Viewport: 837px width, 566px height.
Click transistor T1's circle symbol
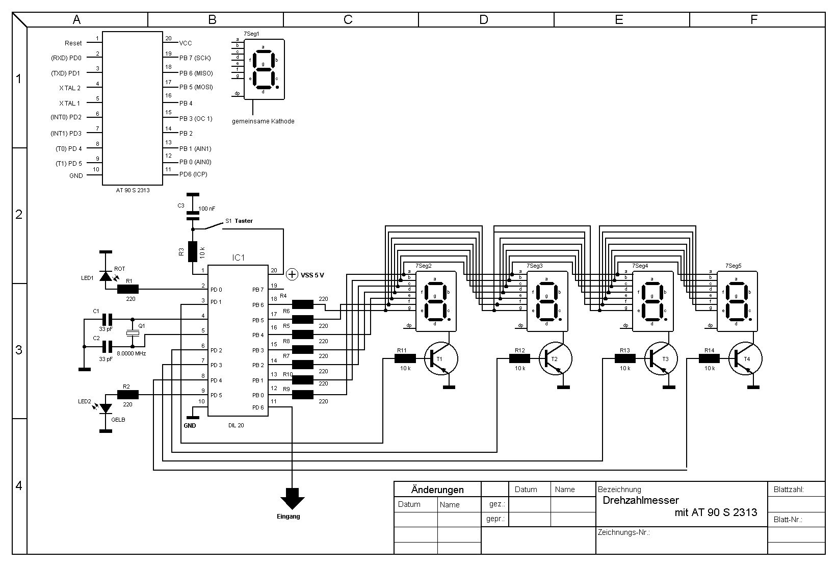click(441, 359)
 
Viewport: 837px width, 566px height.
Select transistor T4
click(745, 358)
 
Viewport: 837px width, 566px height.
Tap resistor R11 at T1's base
click(405, 359)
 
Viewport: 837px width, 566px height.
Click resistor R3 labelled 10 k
click(192, 251)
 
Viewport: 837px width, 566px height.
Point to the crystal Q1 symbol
click(133, 333)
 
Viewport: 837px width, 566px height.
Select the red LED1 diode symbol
click(106, 276)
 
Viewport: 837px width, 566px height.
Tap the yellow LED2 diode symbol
click(106, 408)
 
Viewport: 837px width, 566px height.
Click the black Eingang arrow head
click(292, 499)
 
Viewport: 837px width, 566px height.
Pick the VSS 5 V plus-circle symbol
click(292, 275)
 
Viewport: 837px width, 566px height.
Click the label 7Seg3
click(535, 266)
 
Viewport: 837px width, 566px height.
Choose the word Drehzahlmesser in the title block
click(641, 500)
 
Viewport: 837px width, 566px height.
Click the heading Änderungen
click(437, 490)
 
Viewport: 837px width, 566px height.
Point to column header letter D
click(484, 19)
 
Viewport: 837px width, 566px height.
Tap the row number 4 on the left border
click(19, 485)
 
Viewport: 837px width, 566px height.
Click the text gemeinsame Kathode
click(263, 121)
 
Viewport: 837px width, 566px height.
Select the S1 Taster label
click(239, 221)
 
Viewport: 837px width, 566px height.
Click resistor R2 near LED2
click(127, 395)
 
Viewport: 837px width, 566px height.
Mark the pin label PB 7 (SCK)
click(195, 58)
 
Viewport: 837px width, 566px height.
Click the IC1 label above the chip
click(239, 258)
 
